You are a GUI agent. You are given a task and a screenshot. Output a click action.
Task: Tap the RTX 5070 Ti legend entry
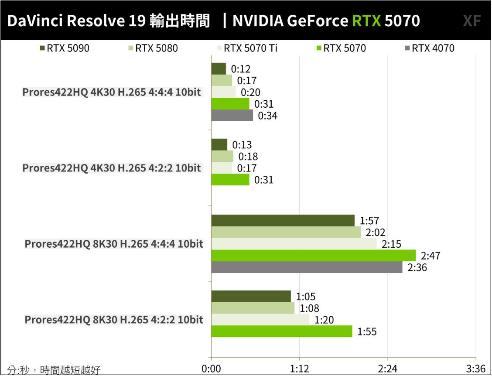pos(247,48)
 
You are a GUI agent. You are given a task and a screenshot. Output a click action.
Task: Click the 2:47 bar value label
pos(431,256)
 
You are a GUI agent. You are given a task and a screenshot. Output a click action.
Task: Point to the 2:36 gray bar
pos(307,267)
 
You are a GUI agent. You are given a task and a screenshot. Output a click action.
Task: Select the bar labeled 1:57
pos(283,221)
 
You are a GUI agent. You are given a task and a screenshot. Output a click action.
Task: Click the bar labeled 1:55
pos(281,332)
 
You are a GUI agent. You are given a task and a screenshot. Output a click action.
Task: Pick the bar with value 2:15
pos(294,244)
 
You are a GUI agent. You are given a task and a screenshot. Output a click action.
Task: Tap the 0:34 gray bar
pos(232,116)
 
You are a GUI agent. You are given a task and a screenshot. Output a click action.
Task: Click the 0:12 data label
pos(241,69)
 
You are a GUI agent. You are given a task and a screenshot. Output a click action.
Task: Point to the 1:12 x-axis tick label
pos(299,369)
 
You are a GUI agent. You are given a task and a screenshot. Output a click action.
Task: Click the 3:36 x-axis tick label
pos(475,369)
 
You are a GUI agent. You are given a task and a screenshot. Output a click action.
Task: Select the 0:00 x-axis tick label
pos(212,369)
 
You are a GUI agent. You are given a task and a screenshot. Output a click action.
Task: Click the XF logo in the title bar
pos(471,21)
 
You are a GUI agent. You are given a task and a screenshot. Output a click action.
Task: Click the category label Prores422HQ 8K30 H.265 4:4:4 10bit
pos(114,244)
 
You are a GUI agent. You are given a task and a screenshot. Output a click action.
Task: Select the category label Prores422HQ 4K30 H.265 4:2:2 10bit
pos(112,168)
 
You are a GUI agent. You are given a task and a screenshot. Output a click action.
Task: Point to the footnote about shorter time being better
pos(54,370)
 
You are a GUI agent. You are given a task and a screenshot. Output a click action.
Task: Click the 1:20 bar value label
pos(324,320)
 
